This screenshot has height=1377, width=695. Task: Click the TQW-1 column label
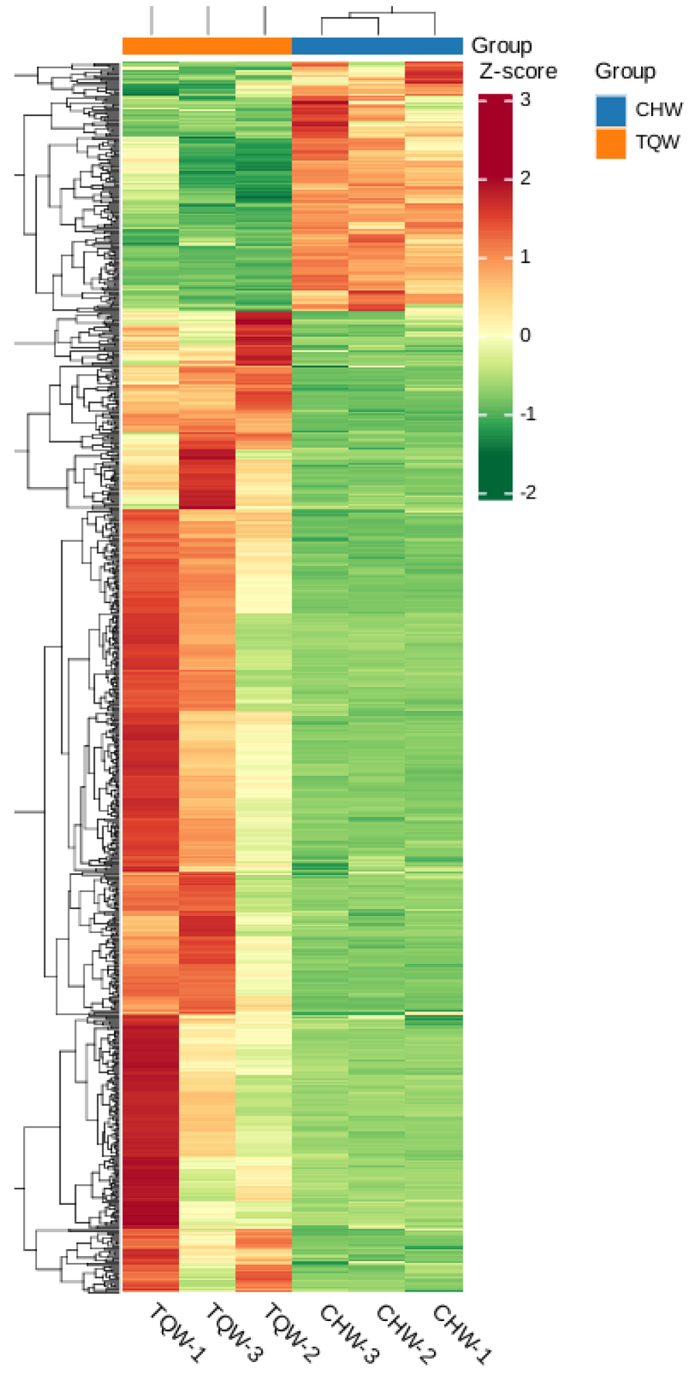177,1333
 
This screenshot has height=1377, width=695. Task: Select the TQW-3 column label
234,1333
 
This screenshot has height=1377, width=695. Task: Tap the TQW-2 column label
292,1333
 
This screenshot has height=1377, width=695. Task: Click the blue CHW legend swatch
610,111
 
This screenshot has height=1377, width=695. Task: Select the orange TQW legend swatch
610,143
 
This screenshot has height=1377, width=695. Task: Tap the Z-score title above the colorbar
518,72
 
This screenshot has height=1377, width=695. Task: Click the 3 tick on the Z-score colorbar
525,100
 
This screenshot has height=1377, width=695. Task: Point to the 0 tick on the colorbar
525,335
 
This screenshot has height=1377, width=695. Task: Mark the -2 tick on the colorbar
528,492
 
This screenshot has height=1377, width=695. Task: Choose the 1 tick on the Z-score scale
525,258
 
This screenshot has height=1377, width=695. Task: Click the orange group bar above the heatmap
207,46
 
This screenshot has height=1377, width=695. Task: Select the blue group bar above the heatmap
377,46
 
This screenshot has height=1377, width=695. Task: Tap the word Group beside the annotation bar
502,46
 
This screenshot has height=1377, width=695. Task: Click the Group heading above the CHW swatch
625,71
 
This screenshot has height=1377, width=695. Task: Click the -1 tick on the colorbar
528,414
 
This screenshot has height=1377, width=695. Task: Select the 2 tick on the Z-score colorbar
525,178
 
